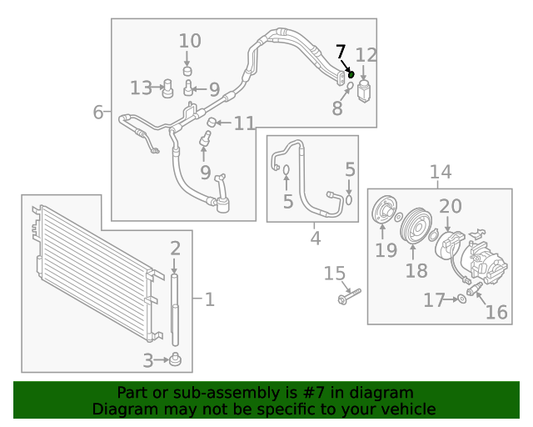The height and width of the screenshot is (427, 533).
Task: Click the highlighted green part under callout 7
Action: (351, 74)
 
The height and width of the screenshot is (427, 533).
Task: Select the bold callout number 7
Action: (341, 52)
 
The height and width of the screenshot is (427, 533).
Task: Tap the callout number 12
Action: (366, 55)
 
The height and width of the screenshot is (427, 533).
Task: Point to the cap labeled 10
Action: (187, 71)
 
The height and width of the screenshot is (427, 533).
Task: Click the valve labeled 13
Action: (167, 88)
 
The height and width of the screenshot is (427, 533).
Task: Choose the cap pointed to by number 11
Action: (212, 122)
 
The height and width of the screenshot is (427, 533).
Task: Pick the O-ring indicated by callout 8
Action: (350, 84)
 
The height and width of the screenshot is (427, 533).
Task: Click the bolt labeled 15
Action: (349, 296)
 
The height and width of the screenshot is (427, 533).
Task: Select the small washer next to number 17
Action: (461, 299)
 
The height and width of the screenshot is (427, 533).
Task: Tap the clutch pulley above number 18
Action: (416, 226)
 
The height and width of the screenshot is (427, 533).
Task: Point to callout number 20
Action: (451, 206)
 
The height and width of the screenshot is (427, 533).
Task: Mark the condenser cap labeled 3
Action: (176, 359)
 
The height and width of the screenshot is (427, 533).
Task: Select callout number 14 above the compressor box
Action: (441, 172)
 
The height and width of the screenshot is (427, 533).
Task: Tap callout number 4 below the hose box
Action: (316, 238)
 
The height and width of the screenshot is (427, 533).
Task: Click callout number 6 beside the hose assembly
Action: (98, 112)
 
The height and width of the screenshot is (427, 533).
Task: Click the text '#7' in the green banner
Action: (315, 393)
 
